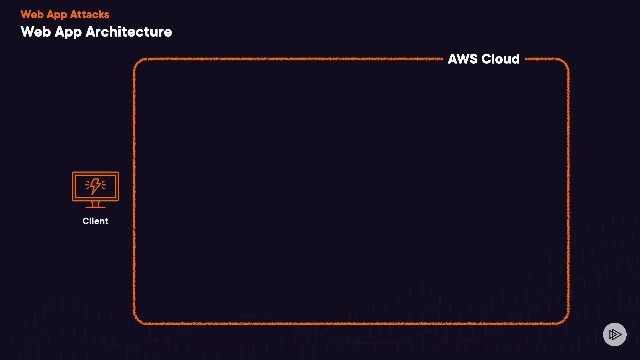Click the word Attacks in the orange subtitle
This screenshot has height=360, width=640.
point(90,15)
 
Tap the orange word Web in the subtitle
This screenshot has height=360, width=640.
point(32,15)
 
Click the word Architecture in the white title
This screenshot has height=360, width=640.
point(129,32)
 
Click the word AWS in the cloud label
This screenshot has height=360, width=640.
point(463,59)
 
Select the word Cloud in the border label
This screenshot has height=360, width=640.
point(500,59)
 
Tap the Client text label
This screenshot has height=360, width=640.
point(95,221)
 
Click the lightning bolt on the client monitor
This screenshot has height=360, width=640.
point(95,186)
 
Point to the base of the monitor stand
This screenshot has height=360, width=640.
point(96,207)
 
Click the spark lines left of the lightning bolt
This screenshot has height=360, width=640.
point(88,185)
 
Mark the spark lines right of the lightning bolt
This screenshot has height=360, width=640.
point(103,185)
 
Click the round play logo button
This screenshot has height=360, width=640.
point(615,334)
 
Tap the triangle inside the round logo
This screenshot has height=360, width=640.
point(615,334)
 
